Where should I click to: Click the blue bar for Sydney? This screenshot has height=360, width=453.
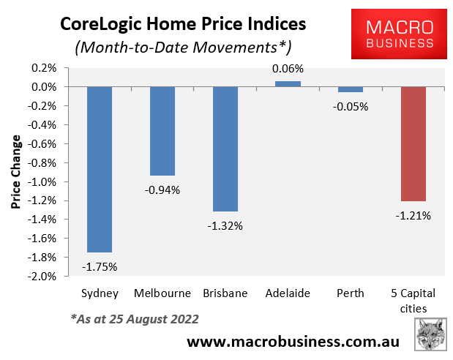click(100, 169)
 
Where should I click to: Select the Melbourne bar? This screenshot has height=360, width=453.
click(162, 131)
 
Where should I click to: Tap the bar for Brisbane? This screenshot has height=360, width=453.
click(225, 149)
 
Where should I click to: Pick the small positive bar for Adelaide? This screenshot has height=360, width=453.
click(288, 83)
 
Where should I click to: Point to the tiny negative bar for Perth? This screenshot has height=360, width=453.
click(351, 89)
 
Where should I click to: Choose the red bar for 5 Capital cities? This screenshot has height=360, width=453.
click(413, 143)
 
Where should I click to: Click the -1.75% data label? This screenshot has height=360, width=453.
click(100, 266)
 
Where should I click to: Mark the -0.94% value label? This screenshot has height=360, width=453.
click(162, 190)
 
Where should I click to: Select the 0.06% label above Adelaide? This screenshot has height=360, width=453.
click(288, 69)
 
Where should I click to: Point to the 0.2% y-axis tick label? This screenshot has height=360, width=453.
click(45, 68)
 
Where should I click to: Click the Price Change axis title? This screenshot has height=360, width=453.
click(16, 172)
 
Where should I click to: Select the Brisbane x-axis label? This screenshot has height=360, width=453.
click(225, 293)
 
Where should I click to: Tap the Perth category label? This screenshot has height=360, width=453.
click(351, 293)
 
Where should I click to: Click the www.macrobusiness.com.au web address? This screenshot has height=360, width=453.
click(295, 341)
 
